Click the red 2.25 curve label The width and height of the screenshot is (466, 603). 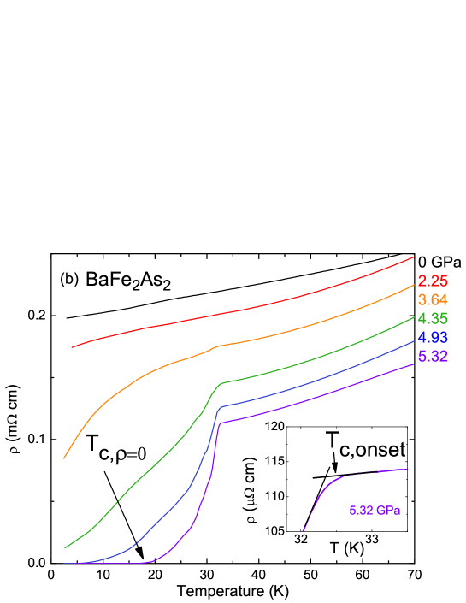(433, 281)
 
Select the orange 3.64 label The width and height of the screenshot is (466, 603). (433, 300)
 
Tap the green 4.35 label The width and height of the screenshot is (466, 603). (433, 319)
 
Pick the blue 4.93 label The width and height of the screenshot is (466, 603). (433, 338)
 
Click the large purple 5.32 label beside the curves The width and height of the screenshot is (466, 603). (433, 357)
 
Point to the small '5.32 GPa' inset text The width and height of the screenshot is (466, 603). (375, 511)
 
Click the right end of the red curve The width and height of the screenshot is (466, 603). (415, 256)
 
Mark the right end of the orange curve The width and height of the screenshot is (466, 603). (415, 285)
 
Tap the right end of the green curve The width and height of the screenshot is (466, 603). (415, 316)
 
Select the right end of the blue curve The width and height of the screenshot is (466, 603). (415, 340)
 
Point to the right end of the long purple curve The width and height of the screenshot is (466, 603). (415, 363)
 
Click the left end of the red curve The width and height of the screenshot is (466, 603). (72, 347)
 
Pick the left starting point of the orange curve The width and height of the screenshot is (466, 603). (64, 458)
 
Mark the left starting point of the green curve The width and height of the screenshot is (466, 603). (64, 548)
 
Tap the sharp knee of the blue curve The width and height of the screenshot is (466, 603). (221, 406)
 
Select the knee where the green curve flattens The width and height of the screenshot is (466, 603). (220, 384)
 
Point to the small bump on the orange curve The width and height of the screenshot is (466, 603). (217, 346)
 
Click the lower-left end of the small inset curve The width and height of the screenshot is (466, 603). (303, 531)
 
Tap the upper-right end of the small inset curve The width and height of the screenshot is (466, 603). (408, 469)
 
